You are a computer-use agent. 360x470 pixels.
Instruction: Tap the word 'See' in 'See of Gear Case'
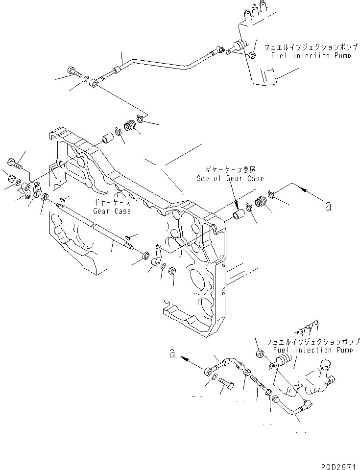[x=204, y=179]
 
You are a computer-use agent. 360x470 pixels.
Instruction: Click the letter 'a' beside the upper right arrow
[x=328, y=206]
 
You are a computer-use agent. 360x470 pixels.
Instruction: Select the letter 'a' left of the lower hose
[x=172, y=352]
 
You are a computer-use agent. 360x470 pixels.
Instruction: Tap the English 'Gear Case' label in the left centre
[x=112, y=211]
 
